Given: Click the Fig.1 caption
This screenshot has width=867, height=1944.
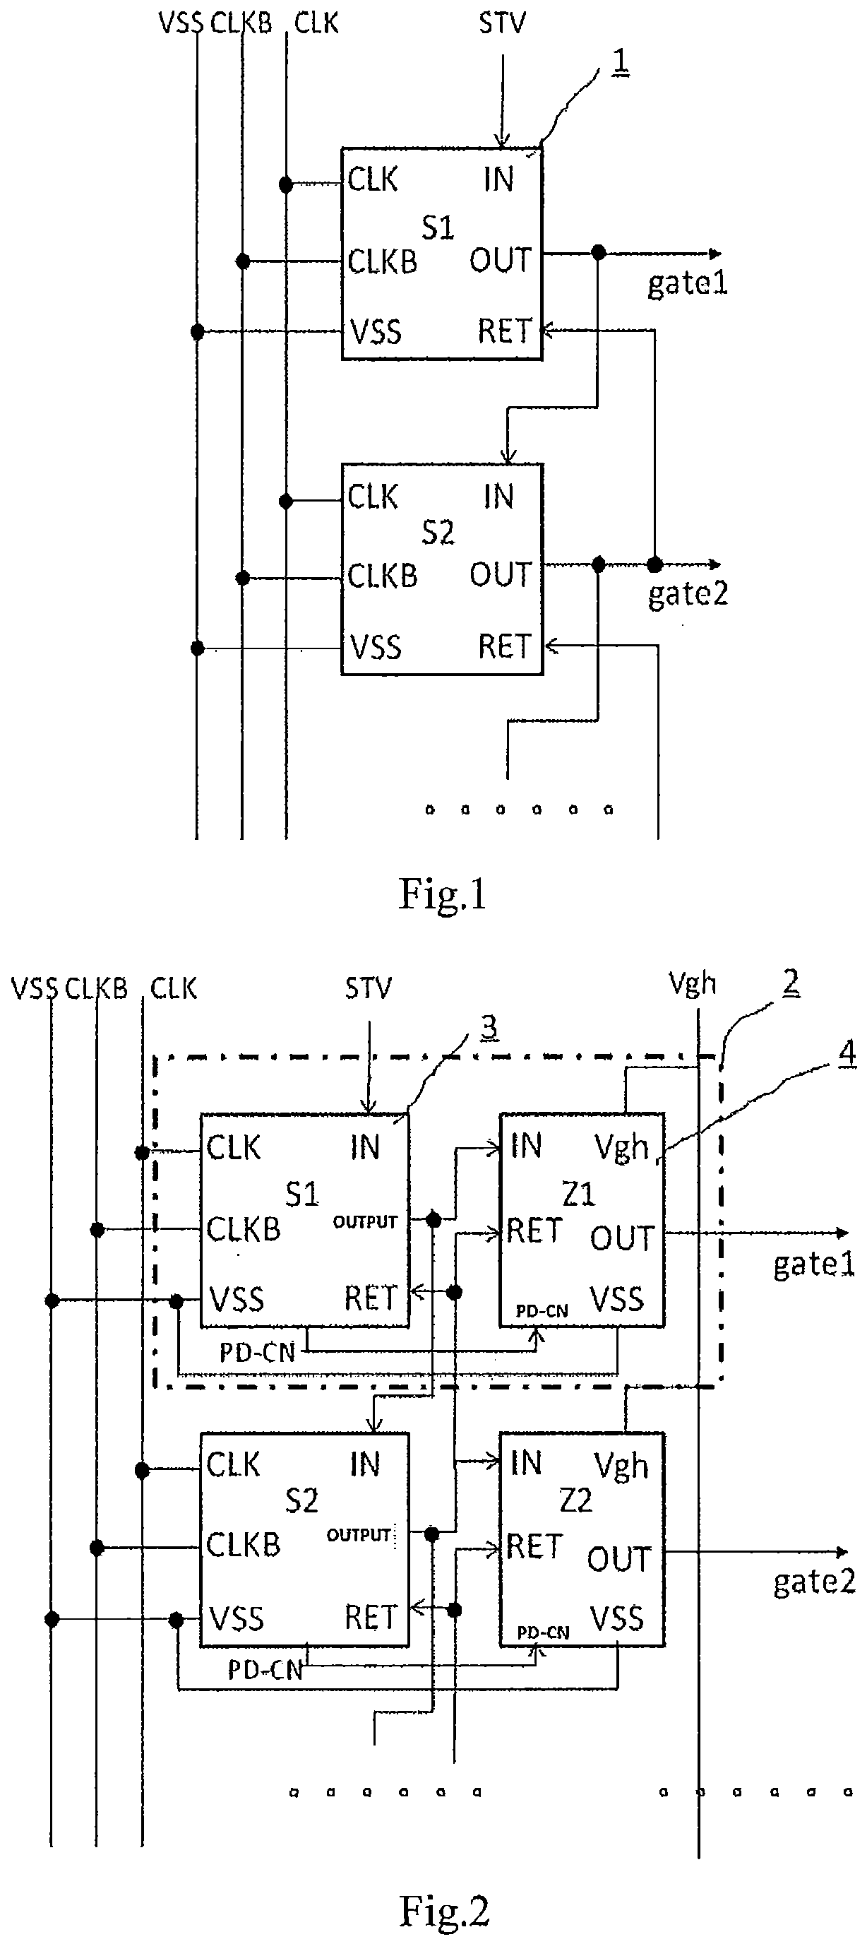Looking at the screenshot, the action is coord(442,895).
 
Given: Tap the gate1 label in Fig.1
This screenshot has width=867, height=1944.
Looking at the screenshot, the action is coord(688,284).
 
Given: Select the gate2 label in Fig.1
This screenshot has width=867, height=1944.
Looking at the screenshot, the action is coord(688,595).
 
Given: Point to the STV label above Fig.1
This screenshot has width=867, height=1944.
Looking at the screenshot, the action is coord(502,23).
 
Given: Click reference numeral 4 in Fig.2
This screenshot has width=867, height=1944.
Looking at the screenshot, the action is coord(847,1053).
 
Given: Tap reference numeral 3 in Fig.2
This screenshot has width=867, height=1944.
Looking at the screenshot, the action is coord(489,1028).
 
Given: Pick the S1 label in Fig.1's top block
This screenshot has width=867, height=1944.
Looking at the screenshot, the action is coord(438,227).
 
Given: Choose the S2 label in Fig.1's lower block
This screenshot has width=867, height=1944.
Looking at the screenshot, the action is coord(438,533).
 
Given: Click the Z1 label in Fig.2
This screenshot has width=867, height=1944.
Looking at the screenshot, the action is coord(578,1194).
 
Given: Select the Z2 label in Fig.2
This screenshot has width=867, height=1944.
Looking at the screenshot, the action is coord(575,1501).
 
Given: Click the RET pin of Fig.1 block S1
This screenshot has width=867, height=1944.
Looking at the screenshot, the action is coord(505,331).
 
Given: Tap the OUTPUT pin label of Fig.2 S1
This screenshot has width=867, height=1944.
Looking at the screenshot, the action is coord(365,1222).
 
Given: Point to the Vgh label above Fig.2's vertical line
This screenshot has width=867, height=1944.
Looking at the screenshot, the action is coord(692,985).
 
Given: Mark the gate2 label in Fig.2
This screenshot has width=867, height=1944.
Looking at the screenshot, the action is coord(814,1582).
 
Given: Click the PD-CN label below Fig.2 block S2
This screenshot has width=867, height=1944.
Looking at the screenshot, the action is coord(265,1670).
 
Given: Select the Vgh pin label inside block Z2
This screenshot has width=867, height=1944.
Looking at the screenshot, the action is coord(621,1466).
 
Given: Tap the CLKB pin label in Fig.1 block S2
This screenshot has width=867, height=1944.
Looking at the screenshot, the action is coord(383,576).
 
